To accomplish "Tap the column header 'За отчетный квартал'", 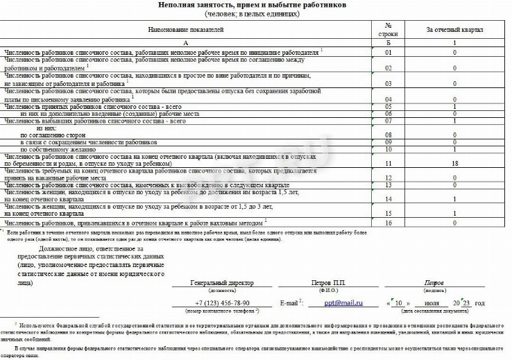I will (x=454, y=31).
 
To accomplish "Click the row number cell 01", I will (x=389, y=52).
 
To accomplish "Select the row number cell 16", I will (x=389, y=223).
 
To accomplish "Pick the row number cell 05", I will (x=389, y=107).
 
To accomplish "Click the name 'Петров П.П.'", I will (x=329, y=284).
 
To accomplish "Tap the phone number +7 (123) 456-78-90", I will (x=222, y=303).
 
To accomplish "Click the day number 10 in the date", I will (x=398, y=303).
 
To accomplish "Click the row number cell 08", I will (x=389, y=135).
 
